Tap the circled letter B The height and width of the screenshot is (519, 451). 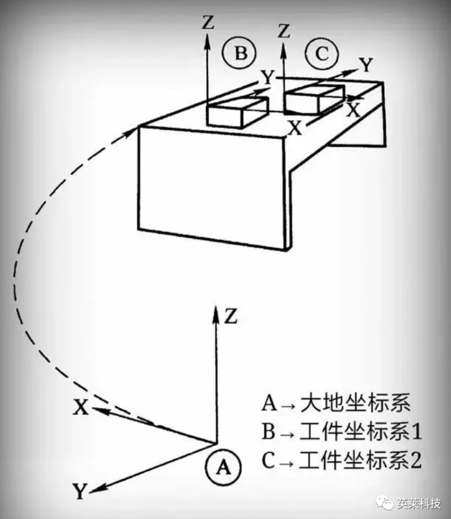240,53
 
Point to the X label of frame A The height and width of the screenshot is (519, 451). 80,409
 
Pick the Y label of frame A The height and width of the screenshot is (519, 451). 80,492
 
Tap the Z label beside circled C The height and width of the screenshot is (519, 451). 284,31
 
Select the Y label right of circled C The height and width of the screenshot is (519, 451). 366,64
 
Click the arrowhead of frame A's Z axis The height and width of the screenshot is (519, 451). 216,311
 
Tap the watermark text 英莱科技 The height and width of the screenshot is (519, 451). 419,504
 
